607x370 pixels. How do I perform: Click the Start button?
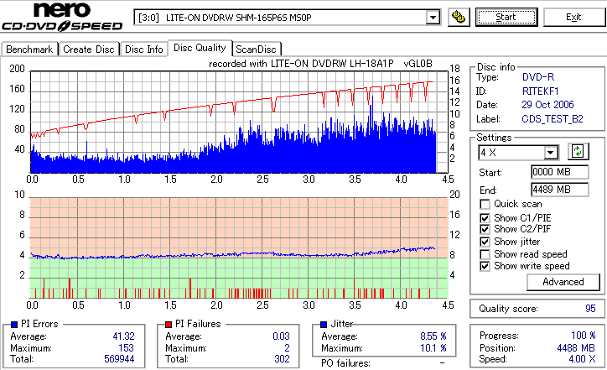click(x=506, y=17)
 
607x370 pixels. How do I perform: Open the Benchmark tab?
click(x=29, y=50)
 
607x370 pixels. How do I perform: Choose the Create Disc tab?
click(x=89, y=50)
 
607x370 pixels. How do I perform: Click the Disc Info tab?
click(x=144, y=50)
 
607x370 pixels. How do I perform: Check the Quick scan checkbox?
click(x=485, y=204)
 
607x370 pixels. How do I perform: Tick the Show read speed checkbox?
click(x=485, y=253)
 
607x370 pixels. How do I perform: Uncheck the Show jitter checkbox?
click(x=485, y=242)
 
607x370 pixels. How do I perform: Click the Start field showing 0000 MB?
click(x=550, y=173)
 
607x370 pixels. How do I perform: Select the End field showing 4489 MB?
click(x=550, y=190)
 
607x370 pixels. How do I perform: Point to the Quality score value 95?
click(x=590, y=309)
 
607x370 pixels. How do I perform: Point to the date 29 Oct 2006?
click(x=548, y=105)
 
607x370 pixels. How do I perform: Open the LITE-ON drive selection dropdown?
click(x=433, y=17)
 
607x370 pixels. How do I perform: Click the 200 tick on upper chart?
click(x=17, y=69)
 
